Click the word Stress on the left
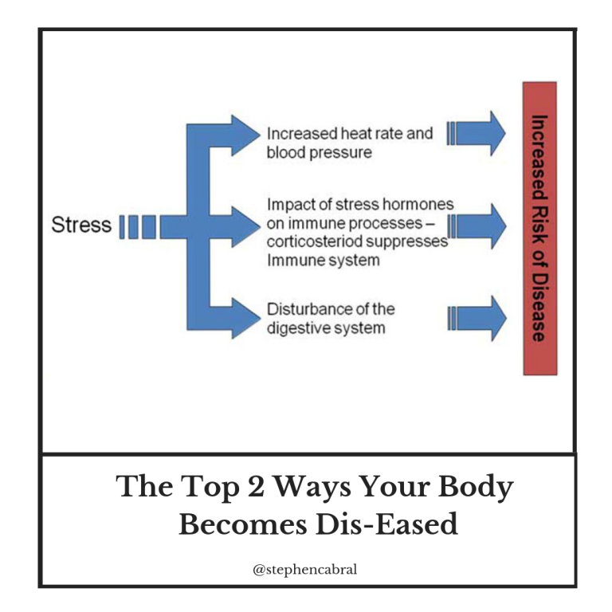(x=81, y=225)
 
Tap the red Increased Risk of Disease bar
(x=539, y=229)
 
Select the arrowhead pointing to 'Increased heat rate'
(x=245, y=135)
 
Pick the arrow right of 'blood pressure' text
(x=477, y=134)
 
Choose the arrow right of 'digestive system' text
(x=477, y=319)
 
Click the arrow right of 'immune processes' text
(x=477, y=226)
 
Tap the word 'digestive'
(x=296, y=328)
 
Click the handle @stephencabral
(x=305, y=570)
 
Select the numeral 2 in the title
(x=256, y=486)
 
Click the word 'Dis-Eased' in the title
(x=386, y=524)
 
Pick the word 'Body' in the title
(x=476, y=488)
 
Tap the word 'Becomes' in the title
(x=243, y=524)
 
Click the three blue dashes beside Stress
(x=138, y=227)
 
